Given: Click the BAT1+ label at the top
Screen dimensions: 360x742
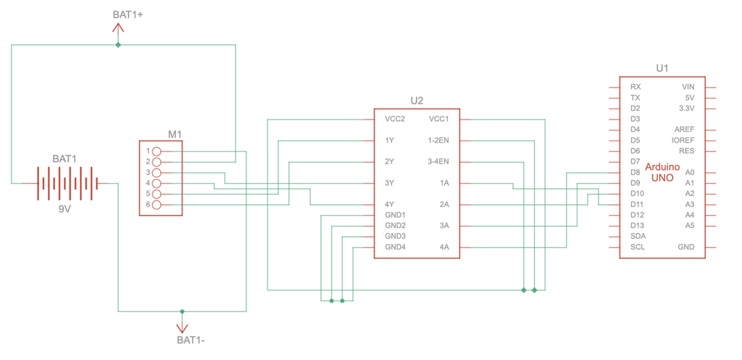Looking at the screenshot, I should pyautogui.click(x=128, y=14).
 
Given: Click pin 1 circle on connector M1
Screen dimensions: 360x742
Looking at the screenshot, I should pyautogui.click(x=156, y=151).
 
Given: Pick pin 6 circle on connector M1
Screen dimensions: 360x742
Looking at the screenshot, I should pyautogui.click(x=156, y=205).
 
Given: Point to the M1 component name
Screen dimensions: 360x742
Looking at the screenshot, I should pyautogui.click(x=175, y=134).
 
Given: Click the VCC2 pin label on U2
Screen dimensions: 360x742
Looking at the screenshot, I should pyautogui.click(x=394, y=119).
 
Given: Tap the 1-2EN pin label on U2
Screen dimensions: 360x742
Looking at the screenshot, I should pyautogui.click(x=439, y=140).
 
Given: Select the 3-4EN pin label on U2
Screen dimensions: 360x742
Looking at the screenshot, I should pyautogui.click(x=439, y=161).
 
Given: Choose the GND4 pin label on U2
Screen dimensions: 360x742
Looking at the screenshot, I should pyautogui.click(x=396, y=247).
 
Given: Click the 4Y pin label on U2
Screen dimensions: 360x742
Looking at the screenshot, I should pyautogui.click(x=389, y=204).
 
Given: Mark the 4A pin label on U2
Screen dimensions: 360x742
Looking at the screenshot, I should pyautogui.click(x=444, y=247).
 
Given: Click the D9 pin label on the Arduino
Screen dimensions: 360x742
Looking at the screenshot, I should pyautogui.click(x=635, y=183).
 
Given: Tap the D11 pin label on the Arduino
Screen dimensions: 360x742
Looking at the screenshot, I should pyautogui.click(x=638, y=204).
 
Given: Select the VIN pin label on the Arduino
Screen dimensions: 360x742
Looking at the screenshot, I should pyautogui.click(x=688, y=87).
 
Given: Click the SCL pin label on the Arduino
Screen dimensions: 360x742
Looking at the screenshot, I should pyautogui.click(x=637, y=247).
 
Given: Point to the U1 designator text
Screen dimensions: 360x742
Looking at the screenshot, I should pyautogui.click(x=662, y=68).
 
